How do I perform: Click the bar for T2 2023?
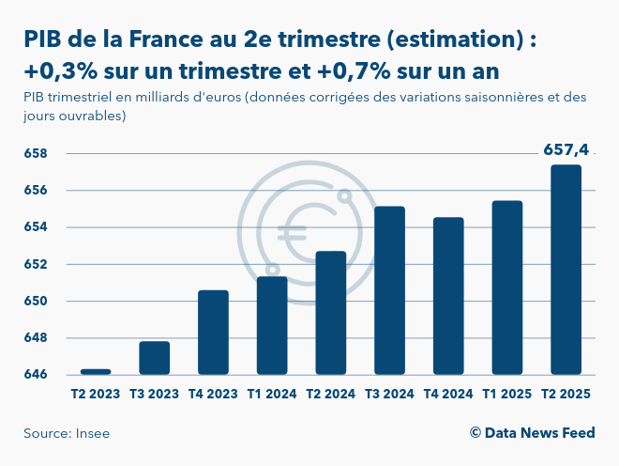[x=96, y=371]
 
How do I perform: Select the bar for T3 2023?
[x=155, y=358]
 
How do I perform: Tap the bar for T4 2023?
[x=213, y=333]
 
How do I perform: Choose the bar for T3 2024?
[x=389, y=290]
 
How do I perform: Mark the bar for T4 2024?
[x=448, y=296]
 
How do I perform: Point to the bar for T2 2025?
[x=566, y=270]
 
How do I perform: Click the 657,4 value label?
[x=566, y=149]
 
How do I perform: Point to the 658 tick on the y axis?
[x=35, y=153]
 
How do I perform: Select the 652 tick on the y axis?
[x=35, y=264]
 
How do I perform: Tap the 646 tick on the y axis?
[x=35, y=375]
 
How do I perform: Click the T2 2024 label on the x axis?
[x=331, y=395]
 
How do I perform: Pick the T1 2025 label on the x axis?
[x=506, y=395]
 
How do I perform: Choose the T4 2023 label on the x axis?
[x=213, y=395]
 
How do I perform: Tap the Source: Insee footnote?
[x=60, y=433]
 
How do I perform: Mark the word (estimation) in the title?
[x=449, y=39]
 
